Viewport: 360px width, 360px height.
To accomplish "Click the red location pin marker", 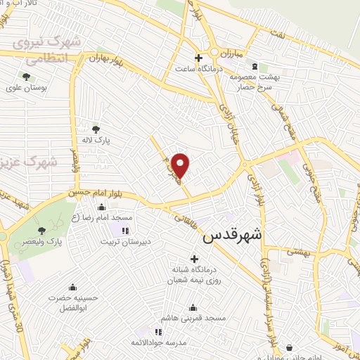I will point(181,165).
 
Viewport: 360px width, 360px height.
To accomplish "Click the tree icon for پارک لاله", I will point(96,129).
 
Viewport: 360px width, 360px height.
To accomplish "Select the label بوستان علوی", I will point(25,88).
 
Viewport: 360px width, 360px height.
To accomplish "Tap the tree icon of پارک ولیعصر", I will point(42,230).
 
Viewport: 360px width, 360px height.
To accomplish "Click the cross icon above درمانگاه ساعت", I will point(198,58).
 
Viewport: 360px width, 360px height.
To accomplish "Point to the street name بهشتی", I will point(304,250).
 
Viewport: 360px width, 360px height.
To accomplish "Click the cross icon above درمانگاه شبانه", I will point(195,259).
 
